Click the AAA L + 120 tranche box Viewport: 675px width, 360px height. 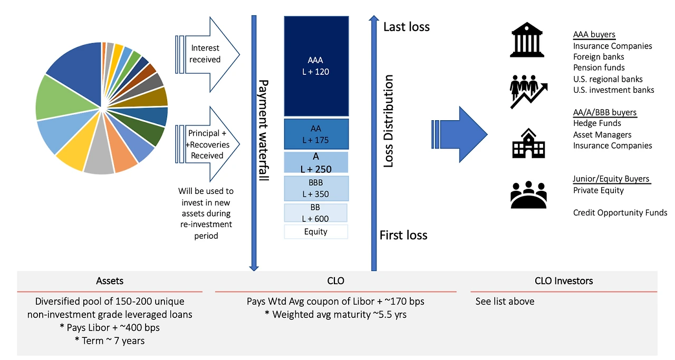click(316, 66)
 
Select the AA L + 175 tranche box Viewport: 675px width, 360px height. click(316, 134)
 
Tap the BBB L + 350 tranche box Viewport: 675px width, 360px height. click(316, 188)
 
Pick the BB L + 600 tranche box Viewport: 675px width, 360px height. click(315, 212)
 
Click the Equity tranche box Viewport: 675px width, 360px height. click(315, 231)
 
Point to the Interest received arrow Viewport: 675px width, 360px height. click(208, 54)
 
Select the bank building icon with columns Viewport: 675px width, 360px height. click(527, 40)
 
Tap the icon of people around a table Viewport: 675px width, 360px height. click(528, 194)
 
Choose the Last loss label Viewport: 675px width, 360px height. click(406, 27)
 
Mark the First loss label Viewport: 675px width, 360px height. click(403, 235)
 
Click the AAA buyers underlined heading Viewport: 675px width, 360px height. click(594, 35)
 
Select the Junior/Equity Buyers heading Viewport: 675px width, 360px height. click(611, 179)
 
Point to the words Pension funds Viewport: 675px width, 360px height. click(599, 67)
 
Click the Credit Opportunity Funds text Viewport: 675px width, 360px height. click(620, 213)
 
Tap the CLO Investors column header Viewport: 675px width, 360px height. click(563, 281)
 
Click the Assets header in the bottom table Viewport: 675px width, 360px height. click(110, 281)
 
